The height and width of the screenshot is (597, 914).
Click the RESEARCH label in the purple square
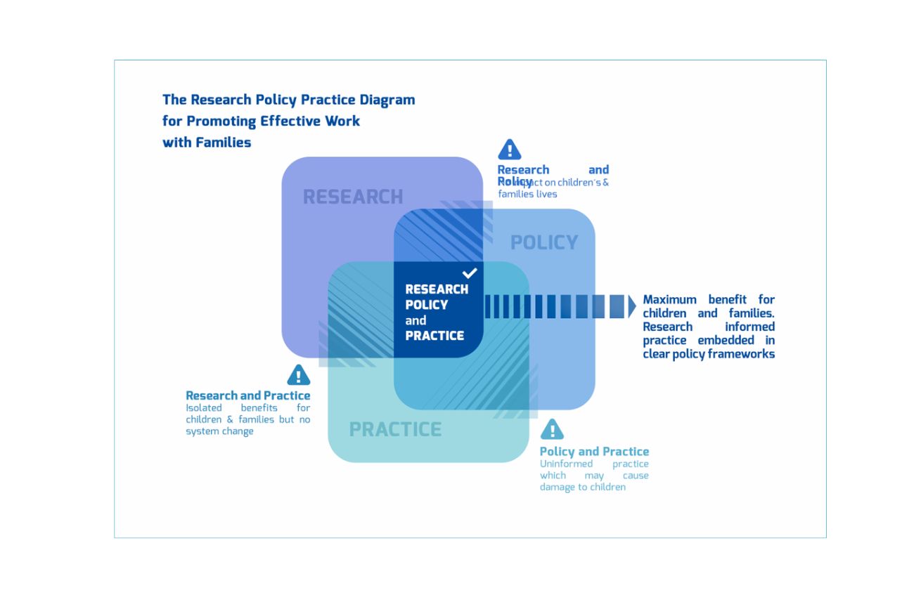(353, 197)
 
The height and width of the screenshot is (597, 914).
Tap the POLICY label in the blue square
(544, 242)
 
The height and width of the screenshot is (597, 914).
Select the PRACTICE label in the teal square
(395, 429)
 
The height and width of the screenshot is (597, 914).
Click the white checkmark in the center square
(470, 273)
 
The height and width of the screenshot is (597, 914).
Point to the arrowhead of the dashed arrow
(631, 306)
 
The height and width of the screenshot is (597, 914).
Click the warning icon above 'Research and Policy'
(509, 150)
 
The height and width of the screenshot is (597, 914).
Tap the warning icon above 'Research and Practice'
(299, 375)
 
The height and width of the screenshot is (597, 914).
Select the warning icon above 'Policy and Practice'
(552, 429)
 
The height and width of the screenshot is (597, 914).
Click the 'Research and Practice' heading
(247, 395)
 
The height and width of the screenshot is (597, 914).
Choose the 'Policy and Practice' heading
(594, 452)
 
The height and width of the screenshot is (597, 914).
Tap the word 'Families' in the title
(223, 142)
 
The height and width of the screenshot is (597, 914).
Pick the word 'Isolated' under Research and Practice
(204, 407)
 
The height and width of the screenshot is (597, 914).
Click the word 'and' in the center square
(416, 320)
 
